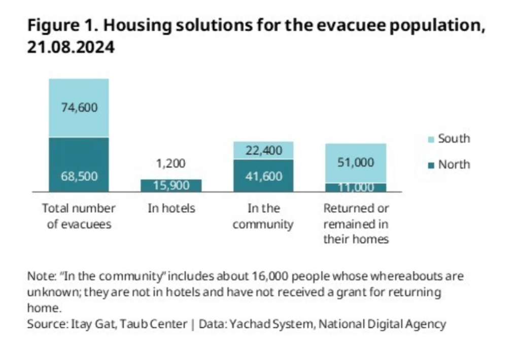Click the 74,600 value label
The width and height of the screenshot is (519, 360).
point(79,107)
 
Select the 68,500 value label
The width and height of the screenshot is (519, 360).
point(79,176)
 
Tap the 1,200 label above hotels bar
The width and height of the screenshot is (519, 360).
point(171,164)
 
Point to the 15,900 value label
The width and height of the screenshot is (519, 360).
point(171,186)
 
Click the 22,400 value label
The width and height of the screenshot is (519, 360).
point(263,150)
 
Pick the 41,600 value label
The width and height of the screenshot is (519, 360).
point(263,176)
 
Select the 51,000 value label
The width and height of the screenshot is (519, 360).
point(356,163)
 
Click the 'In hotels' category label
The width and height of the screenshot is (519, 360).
point(171,208)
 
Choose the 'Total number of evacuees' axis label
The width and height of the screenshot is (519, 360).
point(79,216)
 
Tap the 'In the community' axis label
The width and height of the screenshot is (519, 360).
point(263,216)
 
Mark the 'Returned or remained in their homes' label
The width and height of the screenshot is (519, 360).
point(356,224)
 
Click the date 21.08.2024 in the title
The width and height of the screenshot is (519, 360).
point(71,47)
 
